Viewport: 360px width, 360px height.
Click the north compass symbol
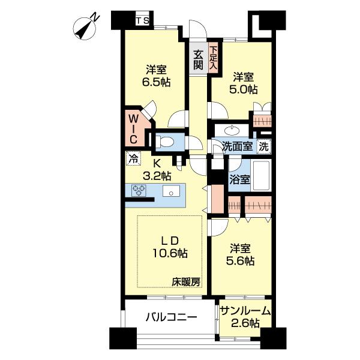coord(88,26)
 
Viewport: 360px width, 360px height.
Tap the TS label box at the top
coord(143,22)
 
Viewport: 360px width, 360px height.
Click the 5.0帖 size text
coord(245,89)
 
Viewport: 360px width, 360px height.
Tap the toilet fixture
coord(166,142)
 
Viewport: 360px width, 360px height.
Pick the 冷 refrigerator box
coord(132,160)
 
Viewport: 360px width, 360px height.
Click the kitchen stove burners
coord(140,191)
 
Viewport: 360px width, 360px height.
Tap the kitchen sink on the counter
coord(170,192)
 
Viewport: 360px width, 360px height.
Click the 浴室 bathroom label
coord(237,178)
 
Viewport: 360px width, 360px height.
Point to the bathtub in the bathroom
coord(261,174)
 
